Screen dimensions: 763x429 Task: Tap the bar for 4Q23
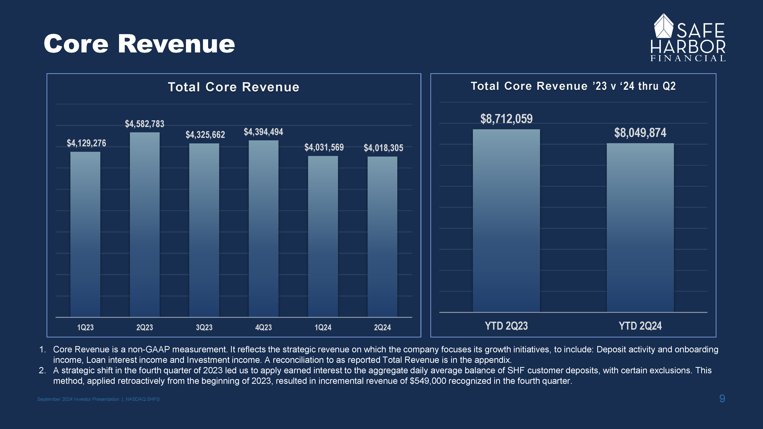coord(263,229)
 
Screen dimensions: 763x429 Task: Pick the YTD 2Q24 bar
coord(640,228)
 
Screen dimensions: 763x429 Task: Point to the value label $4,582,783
coord(145,124)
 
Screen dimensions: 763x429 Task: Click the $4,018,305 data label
coord(383,148)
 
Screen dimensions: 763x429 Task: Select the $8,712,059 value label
coord(506,119)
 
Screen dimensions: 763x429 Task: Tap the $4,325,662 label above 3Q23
coord(205,135)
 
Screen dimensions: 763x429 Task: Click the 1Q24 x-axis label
coord(323,327)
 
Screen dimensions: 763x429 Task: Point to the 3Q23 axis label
coord(204,327)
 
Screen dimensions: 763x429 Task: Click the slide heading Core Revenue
coord(139,44)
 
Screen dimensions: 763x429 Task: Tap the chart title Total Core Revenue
coord(234,87)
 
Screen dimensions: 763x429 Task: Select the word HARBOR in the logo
coord(688,47)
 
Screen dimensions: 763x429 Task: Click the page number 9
coord(722,398)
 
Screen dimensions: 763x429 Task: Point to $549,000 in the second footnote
coord(428,381)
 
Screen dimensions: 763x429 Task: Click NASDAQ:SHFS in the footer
coord(142,399)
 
